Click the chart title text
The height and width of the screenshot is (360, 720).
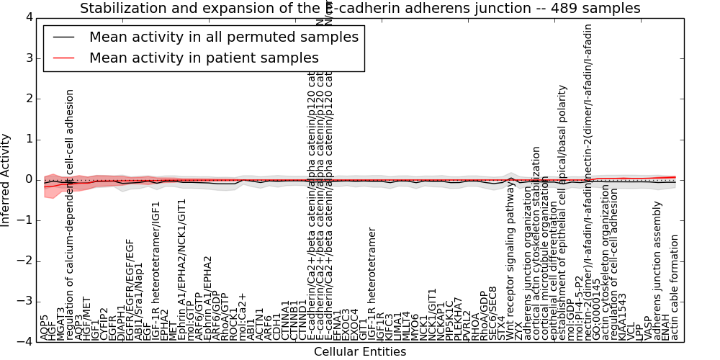[360, 8]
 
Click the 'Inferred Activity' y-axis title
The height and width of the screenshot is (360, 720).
[6, 179]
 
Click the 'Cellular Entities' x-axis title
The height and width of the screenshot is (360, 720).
[360, 351]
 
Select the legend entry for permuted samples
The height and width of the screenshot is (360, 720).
[223, 37]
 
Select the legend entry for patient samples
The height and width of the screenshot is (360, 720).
[204, 58]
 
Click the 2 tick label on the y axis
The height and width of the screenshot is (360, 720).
[28, 98]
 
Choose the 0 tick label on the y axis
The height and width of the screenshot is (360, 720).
[28, 179]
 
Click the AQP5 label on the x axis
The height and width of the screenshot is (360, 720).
[45, 328]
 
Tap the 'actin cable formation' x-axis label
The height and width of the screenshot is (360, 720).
[675, 288]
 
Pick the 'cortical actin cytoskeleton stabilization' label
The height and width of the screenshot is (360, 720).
[536, 243]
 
